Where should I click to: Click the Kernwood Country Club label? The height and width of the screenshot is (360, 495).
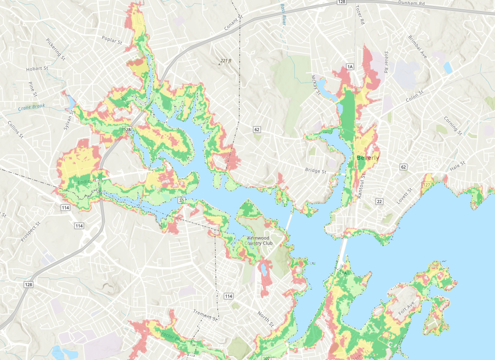point(259,241)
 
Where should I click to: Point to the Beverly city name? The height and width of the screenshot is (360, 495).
point(368,158)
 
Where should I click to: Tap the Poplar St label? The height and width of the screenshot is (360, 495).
point(113,41)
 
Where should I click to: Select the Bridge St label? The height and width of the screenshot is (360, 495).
point(315,171)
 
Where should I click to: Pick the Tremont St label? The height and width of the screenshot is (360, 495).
point(205,315)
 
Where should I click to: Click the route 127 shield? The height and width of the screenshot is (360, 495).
point(427,185)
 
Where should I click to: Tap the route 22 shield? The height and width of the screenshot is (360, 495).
point(379,201)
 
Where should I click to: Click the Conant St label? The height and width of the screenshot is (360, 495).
point(233,23)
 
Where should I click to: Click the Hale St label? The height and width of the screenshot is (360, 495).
point(457,166)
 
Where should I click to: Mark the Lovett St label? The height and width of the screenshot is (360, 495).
point(405,196)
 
